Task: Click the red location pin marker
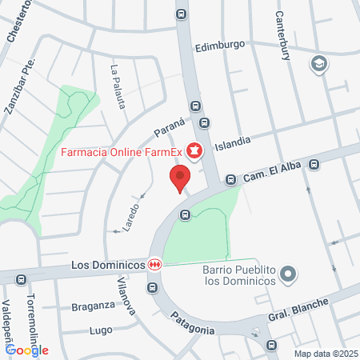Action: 180,178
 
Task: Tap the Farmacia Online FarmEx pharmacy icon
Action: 194,150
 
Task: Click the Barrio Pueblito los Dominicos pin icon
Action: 289,274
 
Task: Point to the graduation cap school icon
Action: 318,63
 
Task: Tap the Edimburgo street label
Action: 219,46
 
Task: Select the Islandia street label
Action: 233,140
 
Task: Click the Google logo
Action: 26,350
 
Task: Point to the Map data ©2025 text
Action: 323,353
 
